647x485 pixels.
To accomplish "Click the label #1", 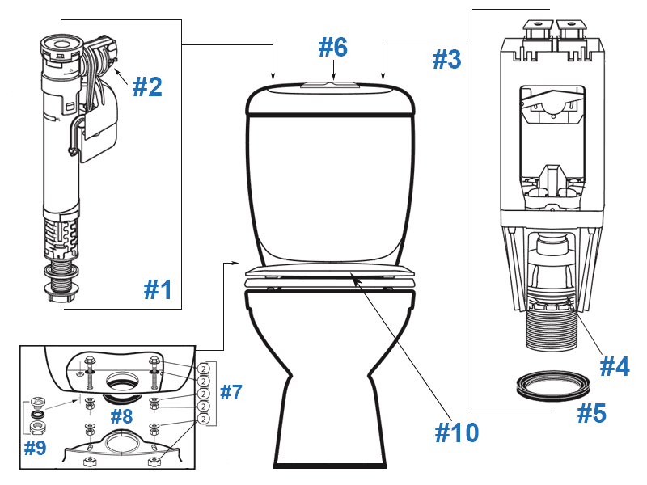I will pos(158,289).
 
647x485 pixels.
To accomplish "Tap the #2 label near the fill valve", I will pos(147,86).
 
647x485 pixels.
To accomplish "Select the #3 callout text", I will pos(446,59).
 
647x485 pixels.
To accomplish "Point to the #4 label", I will pos(614,366).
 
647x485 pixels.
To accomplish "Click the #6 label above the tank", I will pos(332,47).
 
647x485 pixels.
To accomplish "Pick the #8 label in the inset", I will pos(122,417).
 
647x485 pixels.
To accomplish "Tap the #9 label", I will pos(35,447).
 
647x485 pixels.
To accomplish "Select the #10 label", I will pos(456,432).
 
